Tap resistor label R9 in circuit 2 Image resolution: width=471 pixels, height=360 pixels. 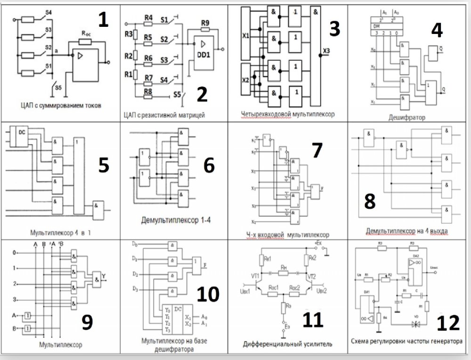205,23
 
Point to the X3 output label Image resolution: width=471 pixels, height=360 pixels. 326,50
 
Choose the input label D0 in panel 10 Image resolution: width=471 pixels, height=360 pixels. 135,245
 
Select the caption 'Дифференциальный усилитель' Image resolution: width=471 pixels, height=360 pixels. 287,344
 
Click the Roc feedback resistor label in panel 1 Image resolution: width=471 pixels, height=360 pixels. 86,34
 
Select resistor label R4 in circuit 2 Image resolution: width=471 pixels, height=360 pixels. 148,18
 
